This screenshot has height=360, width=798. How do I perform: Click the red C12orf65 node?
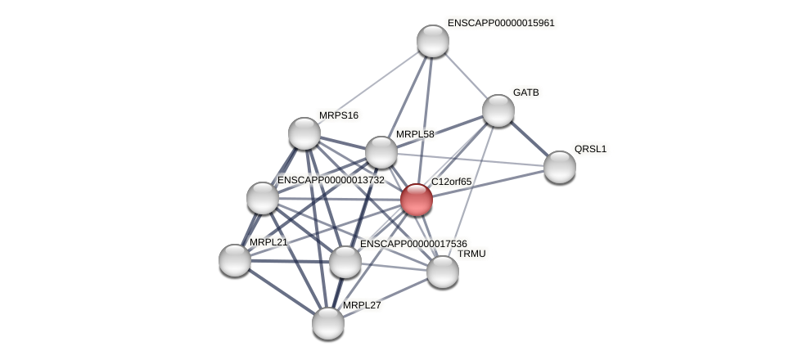(417, 200)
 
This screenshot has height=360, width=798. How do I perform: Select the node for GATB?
(498, 110)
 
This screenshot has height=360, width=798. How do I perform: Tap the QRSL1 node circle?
(560, 167)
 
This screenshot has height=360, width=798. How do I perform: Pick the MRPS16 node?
(304, 133)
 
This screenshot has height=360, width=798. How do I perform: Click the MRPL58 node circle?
(381, 152)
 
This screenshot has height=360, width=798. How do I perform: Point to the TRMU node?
(443, 272)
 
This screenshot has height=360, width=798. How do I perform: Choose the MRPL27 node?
(328, 323)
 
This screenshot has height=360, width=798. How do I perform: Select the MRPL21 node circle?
(235, 260)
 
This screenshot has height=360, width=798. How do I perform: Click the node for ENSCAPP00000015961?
(433, 41)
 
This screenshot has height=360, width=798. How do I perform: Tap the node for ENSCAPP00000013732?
(263, 198)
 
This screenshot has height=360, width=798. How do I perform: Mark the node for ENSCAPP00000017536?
(345, 262)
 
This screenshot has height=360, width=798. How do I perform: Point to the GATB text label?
(526, 92)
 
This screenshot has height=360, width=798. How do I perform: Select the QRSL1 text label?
(590, 149)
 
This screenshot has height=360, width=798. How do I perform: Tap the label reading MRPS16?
(339, 115)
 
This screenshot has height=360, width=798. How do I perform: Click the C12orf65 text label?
(452, 182)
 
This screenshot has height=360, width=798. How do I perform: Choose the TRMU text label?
(471, 254)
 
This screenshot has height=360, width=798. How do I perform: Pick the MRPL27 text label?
(362, 305)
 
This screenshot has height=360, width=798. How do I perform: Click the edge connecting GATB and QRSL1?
(529, 138)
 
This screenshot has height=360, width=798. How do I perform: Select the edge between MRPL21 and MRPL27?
(282, 292)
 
